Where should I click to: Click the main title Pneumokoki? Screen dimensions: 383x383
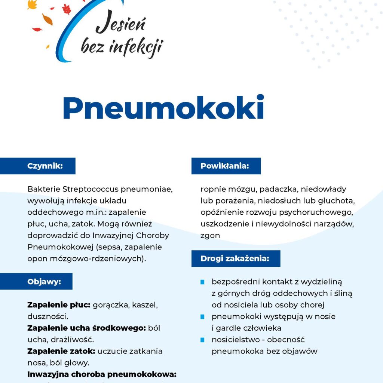pos(164,107)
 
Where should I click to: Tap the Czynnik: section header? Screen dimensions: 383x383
pos(45,166)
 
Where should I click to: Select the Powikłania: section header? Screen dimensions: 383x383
pos(224,166)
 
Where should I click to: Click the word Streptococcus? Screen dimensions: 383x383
pos(91,189)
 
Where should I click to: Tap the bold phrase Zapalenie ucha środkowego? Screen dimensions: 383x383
pos(86,328)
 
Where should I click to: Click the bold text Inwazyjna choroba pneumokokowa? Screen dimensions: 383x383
pos(102,374)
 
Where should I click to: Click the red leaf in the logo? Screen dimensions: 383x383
pos(67,9)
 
